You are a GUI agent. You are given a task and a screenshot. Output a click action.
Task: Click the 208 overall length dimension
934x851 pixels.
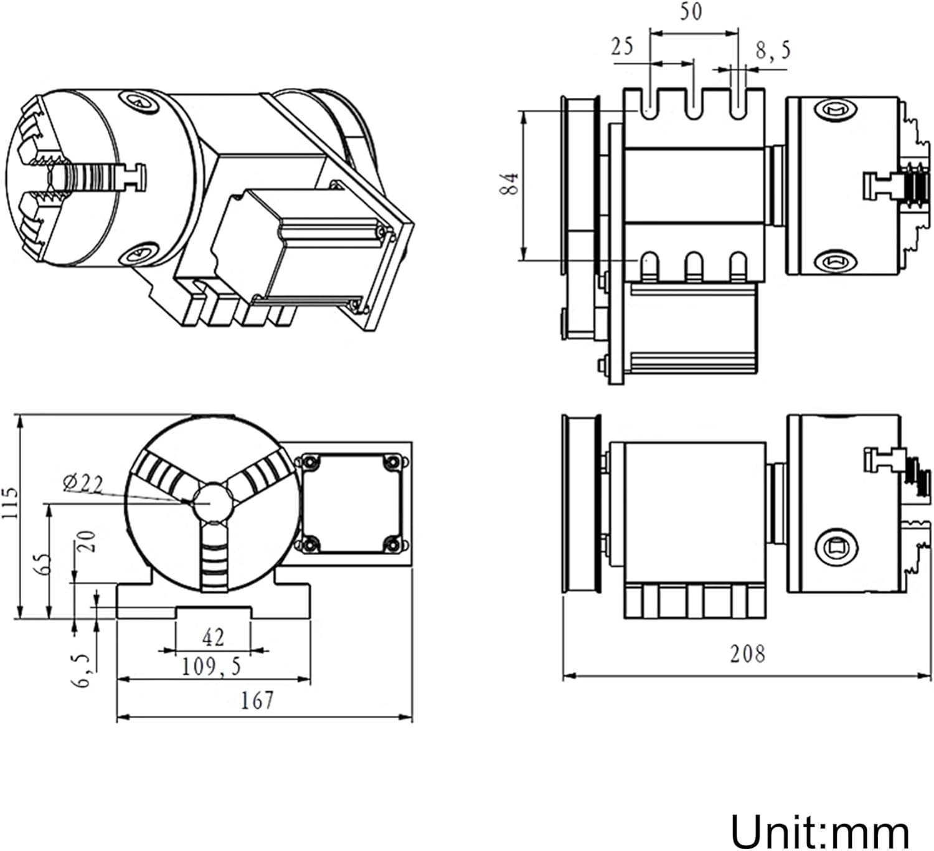[747, 654]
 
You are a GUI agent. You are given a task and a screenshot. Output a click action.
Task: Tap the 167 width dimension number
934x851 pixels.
[257, 700]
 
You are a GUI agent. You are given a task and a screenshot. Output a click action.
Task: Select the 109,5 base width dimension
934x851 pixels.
[211, 667]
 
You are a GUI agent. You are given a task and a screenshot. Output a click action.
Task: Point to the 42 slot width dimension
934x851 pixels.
[213, 637]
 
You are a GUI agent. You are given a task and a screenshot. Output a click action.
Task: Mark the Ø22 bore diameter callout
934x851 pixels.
[83, 483]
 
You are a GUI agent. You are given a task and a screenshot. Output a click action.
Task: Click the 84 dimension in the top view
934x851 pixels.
[510, 184]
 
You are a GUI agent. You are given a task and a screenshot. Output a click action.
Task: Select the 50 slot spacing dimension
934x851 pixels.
[690, 12]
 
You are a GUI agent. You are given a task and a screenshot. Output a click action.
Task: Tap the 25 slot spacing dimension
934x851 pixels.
[621, 46]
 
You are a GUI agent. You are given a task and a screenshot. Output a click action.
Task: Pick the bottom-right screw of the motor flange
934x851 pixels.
[392, 544]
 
